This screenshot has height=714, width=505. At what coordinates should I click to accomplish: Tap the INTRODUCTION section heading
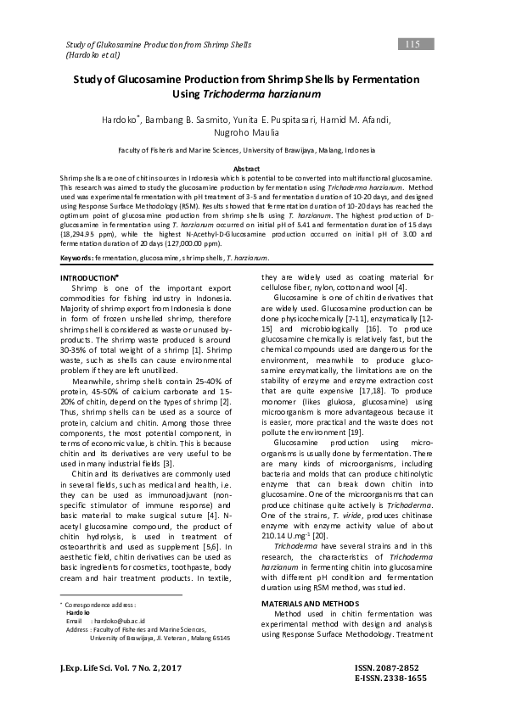pyautogui.click(x=87, y=278)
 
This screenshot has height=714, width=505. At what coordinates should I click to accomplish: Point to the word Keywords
pyautogui.click(x=76, y=258)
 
